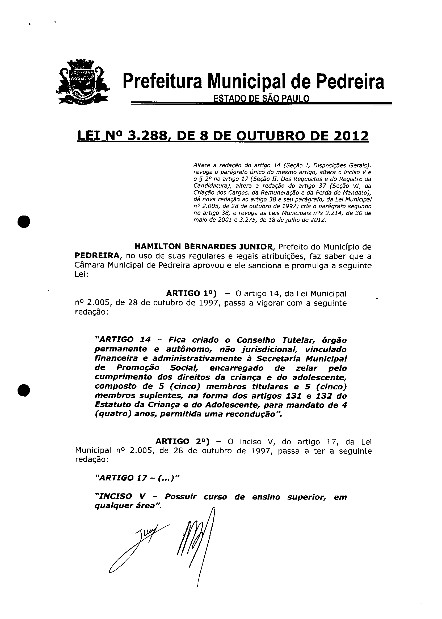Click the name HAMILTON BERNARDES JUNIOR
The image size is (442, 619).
click(203, 247)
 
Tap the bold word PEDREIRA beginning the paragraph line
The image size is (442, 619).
click(97, 256)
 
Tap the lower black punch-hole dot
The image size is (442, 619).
click(24, 391)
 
